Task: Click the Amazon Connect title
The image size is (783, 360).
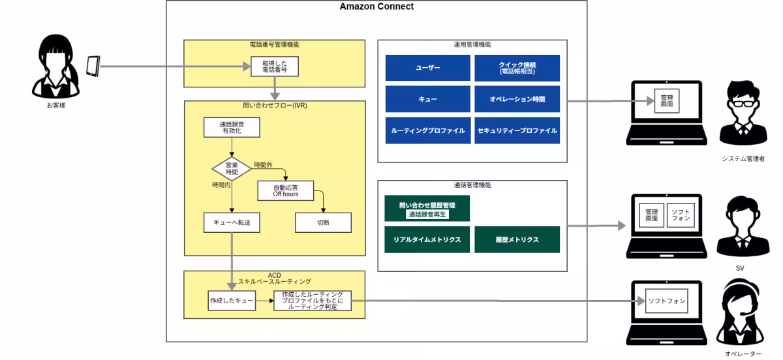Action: (x=376, y=7)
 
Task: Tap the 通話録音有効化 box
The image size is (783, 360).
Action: (x=231, y=127)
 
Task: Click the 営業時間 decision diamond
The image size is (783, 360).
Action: (x=232, y=168)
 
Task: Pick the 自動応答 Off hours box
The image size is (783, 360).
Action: (x=286, y=190)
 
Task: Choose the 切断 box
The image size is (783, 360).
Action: (x=323, y=222)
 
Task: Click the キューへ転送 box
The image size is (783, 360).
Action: (x=232, y=222)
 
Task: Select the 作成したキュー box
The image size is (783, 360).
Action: (x=231, y=300)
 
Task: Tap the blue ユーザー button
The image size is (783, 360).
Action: (x=427, y=68)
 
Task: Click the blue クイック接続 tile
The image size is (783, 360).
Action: (x=517, y=68)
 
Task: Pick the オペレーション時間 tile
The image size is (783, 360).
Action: (x=517, y=99)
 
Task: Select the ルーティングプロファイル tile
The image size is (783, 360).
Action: (x=427, y=130)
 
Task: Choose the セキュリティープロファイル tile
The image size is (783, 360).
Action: (x=517, y=130)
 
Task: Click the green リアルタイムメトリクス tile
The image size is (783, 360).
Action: (x=427, y=239)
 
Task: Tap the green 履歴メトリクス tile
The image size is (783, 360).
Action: (x=517, y=239)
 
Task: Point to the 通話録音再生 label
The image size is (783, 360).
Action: (x=428, y=214)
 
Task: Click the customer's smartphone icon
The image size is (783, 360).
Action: (x=93, y=66)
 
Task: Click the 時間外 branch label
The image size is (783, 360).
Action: (x=263, y=164)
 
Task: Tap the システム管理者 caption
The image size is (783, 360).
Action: (x=743, y=158)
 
